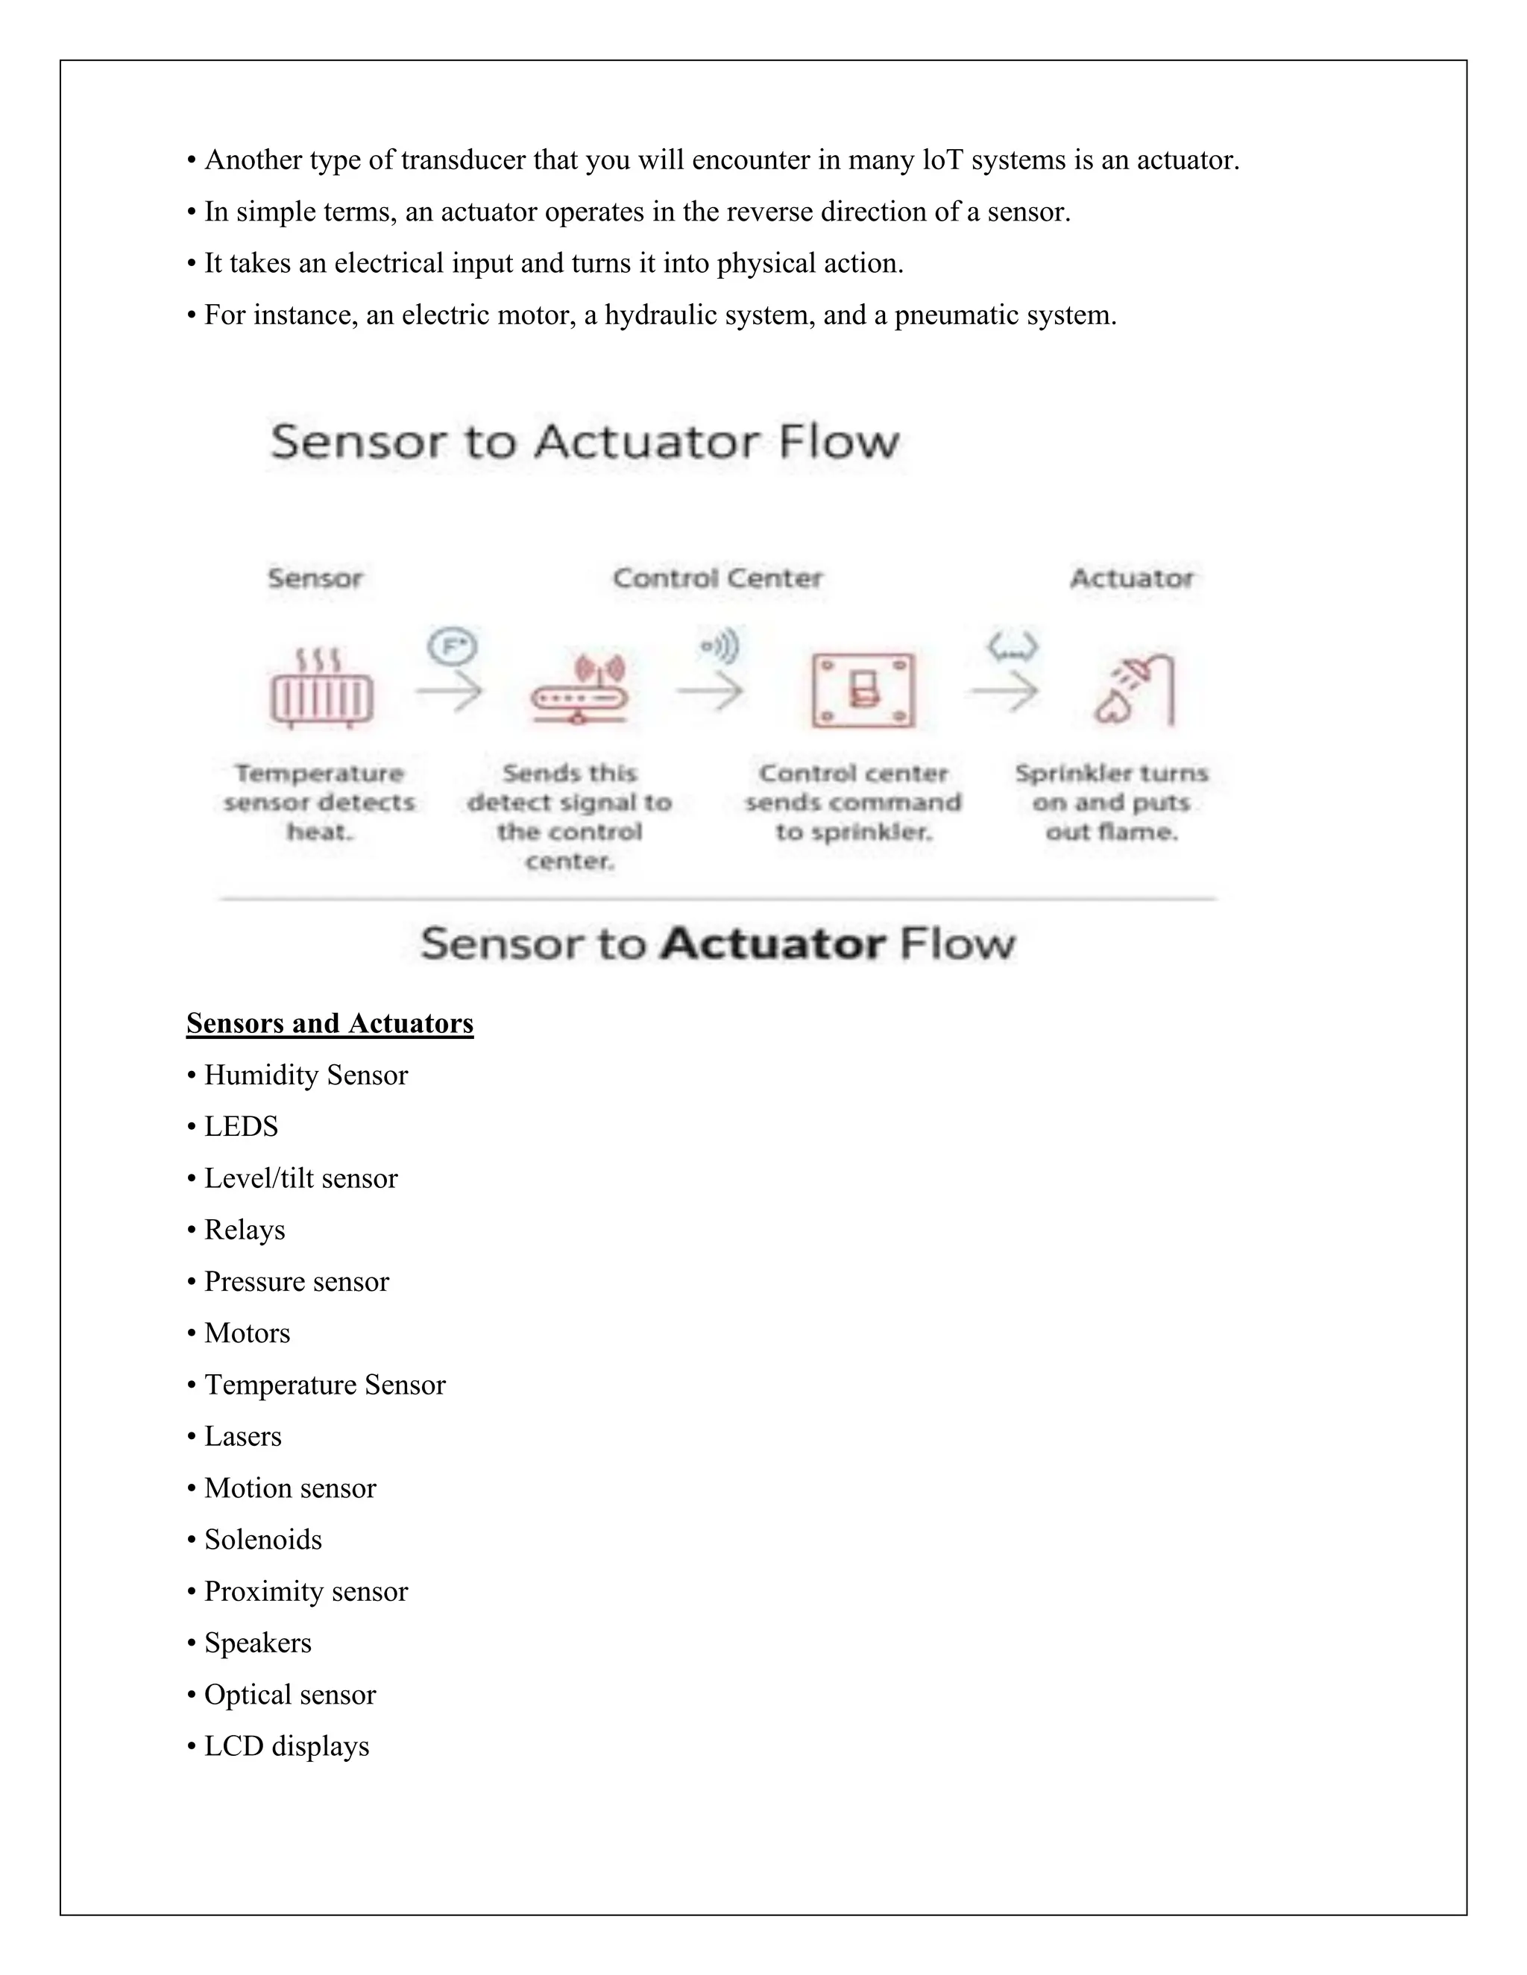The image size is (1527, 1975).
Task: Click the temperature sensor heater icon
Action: tap(321, 689)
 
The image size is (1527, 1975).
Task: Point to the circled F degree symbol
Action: tap(453, 647)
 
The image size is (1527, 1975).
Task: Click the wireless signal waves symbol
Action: tap(720, 647)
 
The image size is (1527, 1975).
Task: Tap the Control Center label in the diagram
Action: tap(717, 578)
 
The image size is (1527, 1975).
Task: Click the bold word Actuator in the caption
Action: tap(772, 944)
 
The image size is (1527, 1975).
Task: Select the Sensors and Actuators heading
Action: tap(330, 1023)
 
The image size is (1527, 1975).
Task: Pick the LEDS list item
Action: tap(241, 1126)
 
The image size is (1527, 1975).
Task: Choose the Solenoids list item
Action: tap(262, 1539)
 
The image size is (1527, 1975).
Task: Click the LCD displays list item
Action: tap(286, 1745)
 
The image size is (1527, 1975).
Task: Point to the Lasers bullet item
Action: tap(242, 1436)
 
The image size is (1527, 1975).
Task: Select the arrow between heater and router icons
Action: tap(450, 692)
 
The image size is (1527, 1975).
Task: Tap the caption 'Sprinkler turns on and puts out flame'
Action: tap(1111, 802)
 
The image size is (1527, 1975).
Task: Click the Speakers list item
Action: tap(257, 1642)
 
